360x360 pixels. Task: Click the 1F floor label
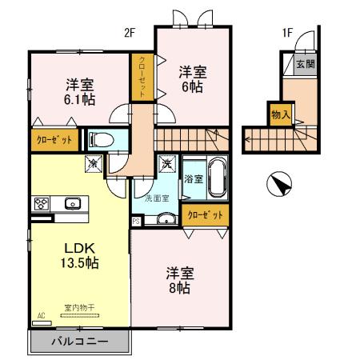tap(286, 33)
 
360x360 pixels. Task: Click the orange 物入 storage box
tap(280, 114)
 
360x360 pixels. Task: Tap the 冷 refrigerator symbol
tap(94, 164)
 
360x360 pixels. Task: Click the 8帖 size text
tap(179, 288)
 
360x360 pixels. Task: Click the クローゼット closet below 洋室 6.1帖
tap(54, 140)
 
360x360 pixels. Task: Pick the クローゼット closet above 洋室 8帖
tap(206, 215)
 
